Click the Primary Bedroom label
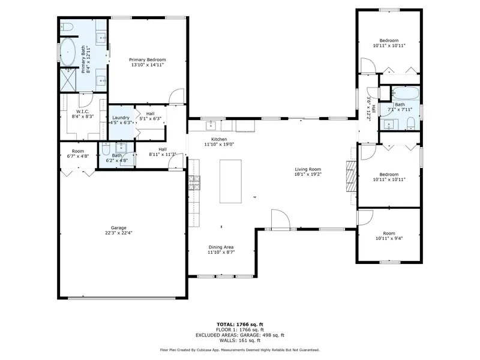click(x=147, y=59)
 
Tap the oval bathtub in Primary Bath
click(x=68, y=52)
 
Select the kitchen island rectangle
click(x=230, y=181)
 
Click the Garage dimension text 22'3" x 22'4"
click(x=118, y=233)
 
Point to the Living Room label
click(x=308, y=169)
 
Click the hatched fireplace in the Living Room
click(x=352, y=176)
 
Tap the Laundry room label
click(x=121, y=118)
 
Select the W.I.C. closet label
click(x=83, y=112)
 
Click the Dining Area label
click(x=221, y=247)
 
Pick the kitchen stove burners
click(x=194, y=183)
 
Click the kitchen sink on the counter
click(x=211, y=125)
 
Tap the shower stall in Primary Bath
click(x=68, y=80)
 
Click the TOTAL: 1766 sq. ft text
click(x=240, y=325)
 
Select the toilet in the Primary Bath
click(x=66, y=28)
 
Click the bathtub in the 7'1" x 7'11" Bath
click(x=406, y=93)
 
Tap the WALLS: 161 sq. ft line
click(x=240, y=340)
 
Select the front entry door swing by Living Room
click(x=280, y=219)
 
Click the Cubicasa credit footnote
click(x=240, y=350)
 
